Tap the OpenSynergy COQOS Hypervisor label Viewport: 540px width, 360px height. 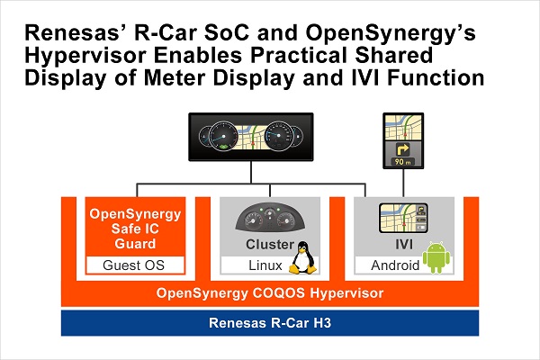point(270,293)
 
